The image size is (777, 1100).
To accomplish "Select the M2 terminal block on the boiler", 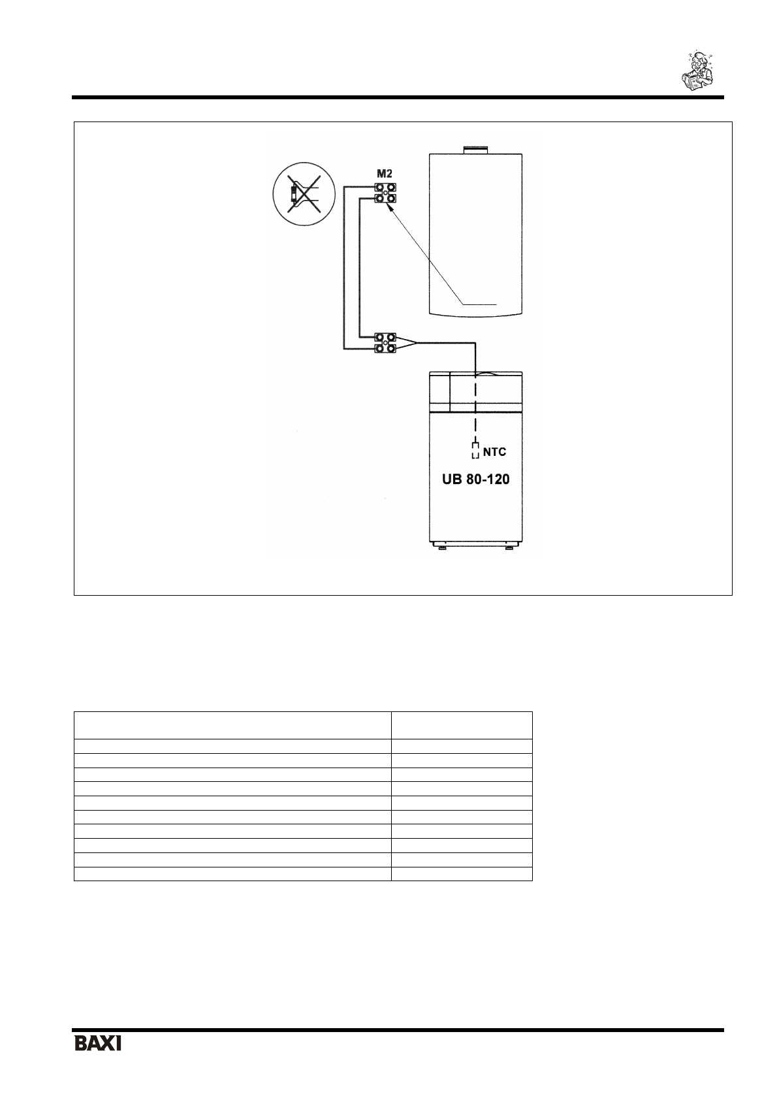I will [x=385, y=192].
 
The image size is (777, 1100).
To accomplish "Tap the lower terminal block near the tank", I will [x=385, y=344].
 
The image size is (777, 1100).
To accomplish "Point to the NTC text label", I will [x=494, y=451].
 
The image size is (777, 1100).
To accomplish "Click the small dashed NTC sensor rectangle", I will [x=475, y=451].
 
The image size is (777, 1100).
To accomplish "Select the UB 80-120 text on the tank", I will [x=472, y=479].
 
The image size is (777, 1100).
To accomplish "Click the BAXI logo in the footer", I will [x=97, y=1043].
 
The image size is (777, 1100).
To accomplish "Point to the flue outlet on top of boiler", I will [x=475, y=150].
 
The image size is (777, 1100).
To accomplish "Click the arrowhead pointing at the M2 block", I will [x=389, y=206].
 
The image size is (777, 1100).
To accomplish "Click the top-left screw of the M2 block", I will [x=379, y=187].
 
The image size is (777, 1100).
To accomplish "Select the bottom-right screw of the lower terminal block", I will [x=392, y=349].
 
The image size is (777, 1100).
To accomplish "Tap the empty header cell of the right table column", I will [x=462, y=725].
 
